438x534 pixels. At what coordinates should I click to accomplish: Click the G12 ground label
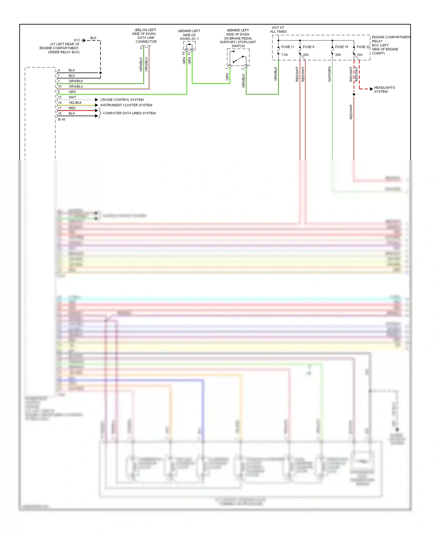pyautogui.click(x=77, y=40)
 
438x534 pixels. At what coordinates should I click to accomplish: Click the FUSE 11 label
pyautogui.click(x=288, y=47)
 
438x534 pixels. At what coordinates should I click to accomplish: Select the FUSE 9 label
pyautogui.click(x=308, y=47)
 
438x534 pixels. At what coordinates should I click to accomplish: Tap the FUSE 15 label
pyautogui.click(x=341, y=47)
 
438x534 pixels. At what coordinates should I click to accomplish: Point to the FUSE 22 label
pyautogui.click(x=363, y=47)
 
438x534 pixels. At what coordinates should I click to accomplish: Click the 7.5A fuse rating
pyautogui.click(x=284, y=55)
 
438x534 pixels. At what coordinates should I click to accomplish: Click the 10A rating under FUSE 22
pyautogui.click(x=359, y=55)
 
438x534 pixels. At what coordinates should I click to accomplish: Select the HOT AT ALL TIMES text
pyautogui.click(x=278, y=30)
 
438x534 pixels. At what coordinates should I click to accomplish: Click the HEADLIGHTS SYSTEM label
pyautogui.click(x=384, y=89)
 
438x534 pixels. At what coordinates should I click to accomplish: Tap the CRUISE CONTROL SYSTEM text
pyautogui.click(x=122, y=100)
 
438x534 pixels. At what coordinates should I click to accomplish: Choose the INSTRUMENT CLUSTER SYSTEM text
pyautogui.click(x=126, y=105)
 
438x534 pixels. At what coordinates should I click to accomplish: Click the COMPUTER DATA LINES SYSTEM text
pyautogui.click(x=129, y=113)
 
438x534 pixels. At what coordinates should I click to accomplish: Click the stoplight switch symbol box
pyautogui.click(x=238, y=57)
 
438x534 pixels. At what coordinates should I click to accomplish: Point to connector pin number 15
pyautogui.click(x=60, y=86)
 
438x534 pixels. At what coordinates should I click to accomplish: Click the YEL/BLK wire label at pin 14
pyautogui.click(x=75, y=103)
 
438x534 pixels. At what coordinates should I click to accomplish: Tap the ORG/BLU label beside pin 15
pyautogui.click(x=76, y=86)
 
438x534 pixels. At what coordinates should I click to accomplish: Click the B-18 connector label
pyautogui.click(x=61, y=119)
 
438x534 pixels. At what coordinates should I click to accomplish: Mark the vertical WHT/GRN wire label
pyautogui.click(x=329, y=74)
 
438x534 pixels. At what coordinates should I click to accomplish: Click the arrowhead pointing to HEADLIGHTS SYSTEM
pyautogui.click(x=371, y=89)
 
